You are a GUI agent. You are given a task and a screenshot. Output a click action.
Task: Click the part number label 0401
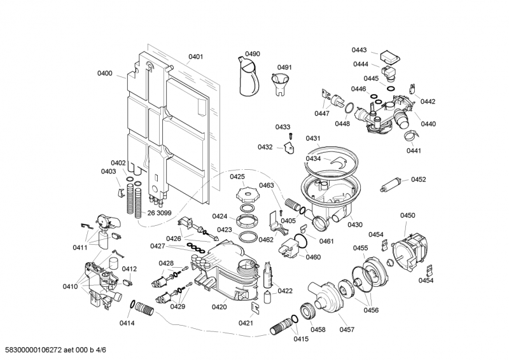coord(196,57)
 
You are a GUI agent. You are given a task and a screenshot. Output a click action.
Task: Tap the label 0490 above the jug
coord(253,53)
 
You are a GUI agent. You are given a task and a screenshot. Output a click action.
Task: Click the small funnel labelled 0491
coord(281,85)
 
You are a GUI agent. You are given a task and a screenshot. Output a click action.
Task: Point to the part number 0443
coord(359,50)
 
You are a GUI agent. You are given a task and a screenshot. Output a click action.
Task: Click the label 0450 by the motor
coord(408,216)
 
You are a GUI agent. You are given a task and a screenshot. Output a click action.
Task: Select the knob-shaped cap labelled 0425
coord(245,192)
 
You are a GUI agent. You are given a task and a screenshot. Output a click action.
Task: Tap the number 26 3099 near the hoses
coord(160,213)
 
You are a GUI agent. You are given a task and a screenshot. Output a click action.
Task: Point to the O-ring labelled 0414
coord(133,306)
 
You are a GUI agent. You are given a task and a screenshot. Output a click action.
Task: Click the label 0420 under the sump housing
coord(219,307)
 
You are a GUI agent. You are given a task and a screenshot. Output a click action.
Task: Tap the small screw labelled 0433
coord(290,135)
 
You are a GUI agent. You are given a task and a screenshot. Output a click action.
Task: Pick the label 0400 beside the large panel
coord(105,74)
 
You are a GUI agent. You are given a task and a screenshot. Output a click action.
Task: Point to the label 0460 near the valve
coord(313,258)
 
